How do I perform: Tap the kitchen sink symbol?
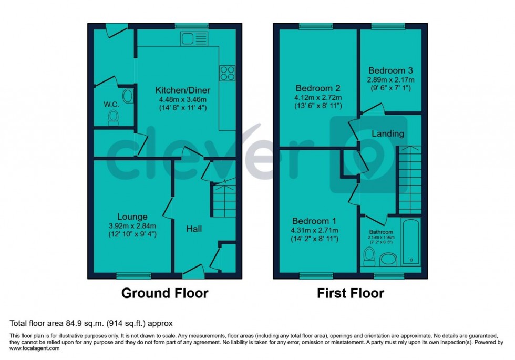pyautogui.click(x=187, y=38)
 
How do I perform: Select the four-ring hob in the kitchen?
pyautogui.click(x=227, y=73)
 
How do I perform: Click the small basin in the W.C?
pyautogui.click(x=127, y=96)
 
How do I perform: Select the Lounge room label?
pyautogui.click(x=132, y=217)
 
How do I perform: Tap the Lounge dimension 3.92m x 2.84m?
pyautogui.click(x=132, y=225)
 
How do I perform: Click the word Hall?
pyautogui.click(x=194, y=229)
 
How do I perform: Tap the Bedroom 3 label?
pyautogui.click(x=390, y=70)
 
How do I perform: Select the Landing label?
pyautogui.click(x=388, y=133)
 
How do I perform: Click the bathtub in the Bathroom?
pyautogui.click(x=411, y=243)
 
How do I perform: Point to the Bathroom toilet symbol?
pyautogui.click(x=369, y=256)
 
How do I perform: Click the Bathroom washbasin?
pyautogui.click(x=389, y=259)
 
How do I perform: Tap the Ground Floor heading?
pyautogui.click(x=165, y=293)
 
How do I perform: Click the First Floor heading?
pyautogui.click(x=351, y=293)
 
